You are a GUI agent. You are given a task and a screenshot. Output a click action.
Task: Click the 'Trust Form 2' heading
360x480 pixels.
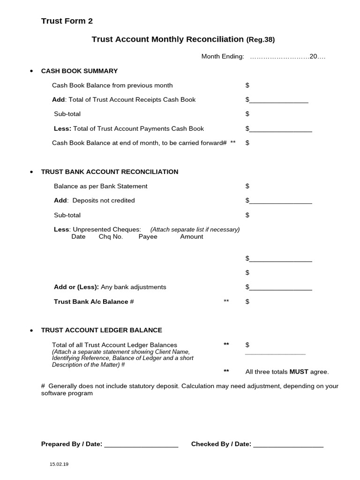(67, 21)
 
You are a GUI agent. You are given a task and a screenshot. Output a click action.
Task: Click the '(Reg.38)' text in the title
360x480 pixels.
(260, 40)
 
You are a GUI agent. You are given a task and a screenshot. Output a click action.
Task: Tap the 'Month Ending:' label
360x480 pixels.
(223, 57)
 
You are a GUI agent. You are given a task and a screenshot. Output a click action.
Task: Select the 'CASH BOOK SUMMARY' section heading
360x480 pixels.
(79, 71)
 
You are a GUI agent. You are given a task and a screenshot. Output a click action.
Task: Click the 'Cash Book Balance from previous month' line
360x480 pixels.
(112, 85)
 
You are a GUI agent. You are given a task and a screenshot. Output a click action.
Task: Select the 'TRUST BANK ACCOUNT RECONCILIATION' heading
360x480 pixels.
(110, 172)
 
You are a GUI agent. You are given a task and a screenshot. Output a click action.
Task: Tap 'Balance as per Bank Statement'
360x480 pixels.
(100, 186)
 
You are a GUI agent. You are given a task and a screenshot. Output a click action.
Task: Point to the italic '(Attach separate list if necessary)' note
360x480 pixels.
(195, 230)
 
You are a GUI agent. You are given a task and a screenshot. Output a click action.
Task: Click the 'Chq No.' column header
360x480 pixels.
(111, 237)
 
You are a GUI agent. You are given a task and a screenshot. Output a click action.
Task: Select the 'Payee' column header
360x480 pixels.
(148, 237)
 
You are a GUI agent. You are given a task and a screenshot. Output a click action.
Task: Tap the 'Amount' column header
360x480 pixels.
(192, 237)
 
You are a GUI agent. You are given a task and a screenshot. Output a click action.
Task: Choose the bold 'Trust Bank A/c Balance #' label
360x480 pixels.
(94, 301)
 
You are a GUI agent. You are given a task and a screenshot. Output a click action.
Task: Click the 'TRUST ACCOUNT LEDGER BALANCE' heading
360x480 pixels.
(102, 330)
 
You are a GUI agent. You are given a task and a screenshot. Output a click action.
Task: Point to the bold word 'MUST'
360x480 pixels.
(299, 372)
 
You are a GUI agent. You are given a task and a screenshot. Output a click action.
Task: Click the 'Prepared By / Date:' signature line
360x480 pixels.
(141, 446)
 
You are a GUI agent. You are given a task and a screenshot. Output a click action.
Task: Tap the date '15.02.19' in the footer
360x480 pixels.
(59, 464)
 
